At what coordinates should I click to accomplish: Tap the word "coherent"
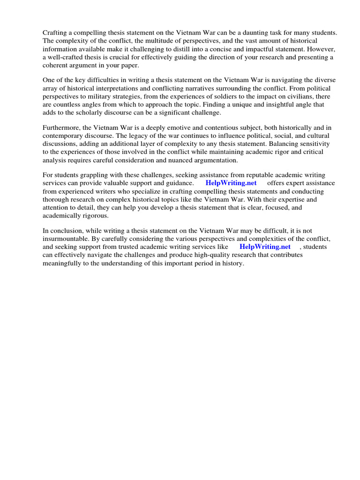tap(58, 66)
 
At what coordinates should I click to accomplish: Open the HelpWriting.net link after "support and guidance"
tap(231, 183)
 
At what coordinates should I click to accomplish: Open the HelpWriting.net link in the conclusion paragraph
tap(265, 247)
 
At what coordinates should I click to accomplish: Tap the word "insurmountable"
tap(66, 239)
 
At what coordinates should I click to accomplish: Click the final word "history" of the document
tap(233, 263)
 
